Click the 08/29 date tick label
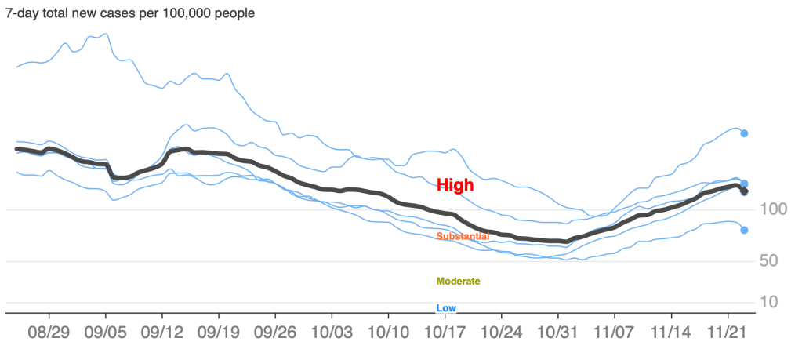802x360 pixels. [x=49, y=333]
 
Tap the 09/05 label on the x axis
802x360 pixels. [x=105, y=333]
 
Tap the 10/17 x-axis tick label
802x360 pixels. [x=445, y=333]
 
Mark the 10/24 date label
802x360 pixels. [x=501, y=333]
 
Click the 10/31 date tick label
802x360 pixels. [x=557, y=333]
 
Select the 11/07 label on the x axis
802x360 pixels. [x=614, y=333]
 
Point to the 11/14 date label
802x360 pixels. [x=670, y=333]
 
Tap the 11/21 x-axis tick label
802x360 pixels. [x=727, y=333]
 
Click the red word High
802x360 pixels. [x=455, y=186]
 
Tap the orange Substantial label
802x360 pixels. [x=463, y=236]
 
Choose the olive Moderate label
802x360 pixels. [x=458, y=281]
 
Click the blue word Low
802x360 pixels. [x=446, y=308]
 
